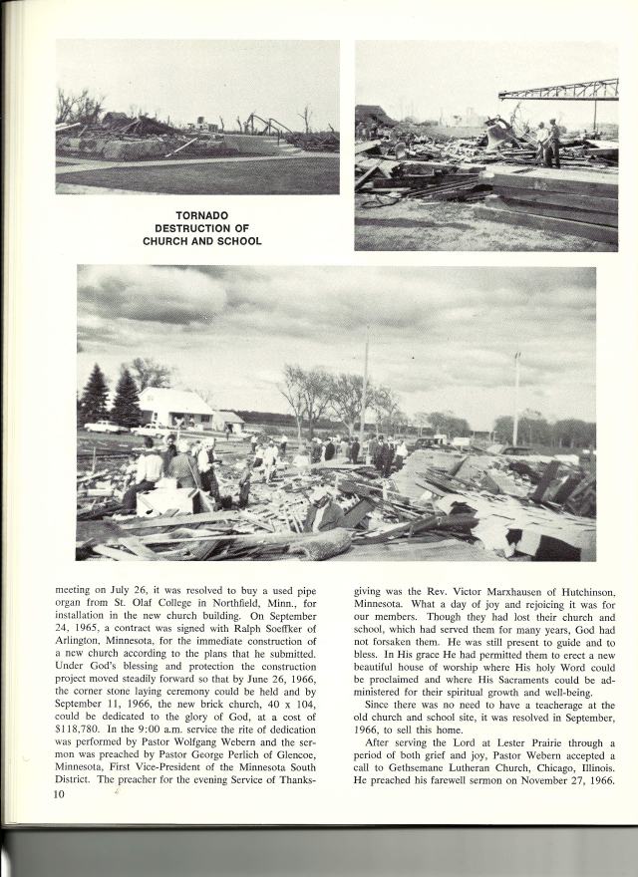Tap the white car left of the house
point(106,427)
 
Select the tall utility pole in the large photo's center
point(365,384)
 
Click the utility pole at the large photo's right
point(515,397)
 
